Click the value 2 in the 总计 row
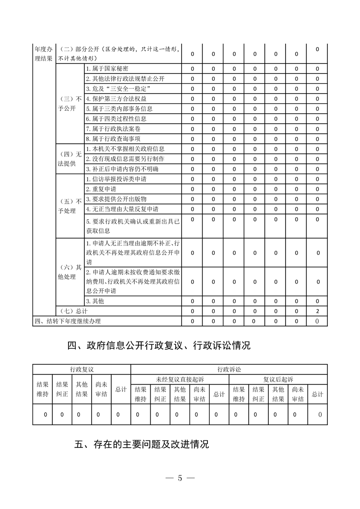(317, 311)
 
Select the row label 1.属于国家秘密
(107, 69)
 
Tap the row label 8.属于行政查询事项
(113, 138)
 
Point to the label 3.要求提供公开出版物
(116, 199)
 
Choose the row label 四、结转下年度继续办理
(68, 321)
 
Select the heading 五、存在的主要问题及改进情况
(141, 444)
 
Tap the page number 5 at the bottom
(180, 478)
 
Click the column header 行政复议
(82, 369)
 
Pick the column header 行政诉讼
(229, 369)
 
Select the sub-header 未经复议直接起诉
(180, 379)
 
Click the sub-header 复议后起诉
(278, 379)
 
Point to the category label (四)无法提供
(70, 158)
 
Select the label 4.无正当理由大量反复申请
(122, 209)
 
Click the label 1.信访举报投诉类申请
(116, 179)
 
